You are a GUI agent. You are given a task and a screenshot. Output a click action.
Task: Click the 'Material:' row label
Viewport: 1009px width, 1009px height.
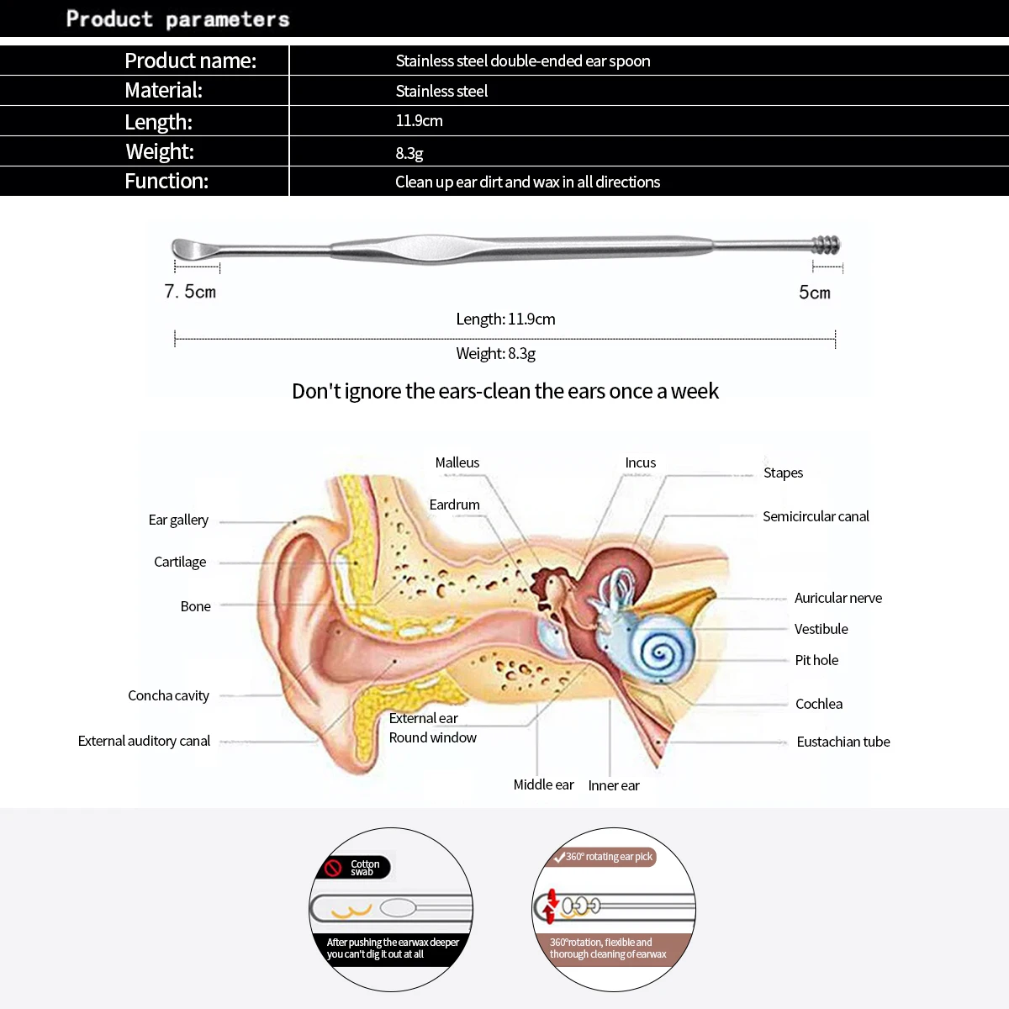coord(163,91)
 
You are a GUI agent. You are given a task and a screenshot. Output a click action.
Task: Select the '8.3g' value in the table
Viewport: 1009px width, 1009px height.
coord(409,153)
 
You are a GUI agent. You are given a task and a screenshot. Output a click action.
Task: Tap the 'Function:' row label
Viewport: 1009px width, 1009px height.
coord(166,182)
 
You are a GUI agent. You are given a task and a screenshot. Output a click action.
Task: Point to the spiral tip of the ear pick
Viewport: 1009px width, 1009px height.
coord(826,246)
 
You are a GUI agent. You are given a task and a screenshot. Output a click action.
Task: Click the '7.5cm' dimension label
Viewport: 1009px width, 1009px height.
coord(190,292)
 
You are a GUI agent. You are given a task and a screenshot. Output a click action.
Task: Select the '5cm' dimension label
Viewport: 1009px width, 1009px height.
coord(814,293)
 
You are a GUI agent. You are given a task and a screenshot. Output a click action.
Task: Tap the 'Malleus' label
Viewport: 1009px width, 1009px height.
coord(457,462)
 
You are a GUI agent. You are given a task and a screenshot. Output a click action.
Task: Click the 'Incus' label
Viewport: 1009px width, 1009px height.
coord(640,462)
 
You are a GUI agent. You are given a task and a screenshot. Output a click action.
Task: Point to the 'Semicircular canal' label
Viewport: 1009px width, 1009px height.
coord(816,516)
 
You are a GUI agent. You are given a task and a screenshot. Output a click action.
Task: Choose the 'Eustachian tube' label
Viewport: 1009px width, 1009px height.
coord(843,742)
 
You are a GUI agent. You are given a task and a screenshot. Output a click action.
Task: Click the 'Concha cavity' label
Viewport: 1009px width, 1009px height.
coord(168,695)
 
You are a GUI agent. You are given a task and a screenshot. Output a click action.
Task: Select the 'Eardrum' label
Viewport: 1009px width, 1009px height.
coord(454,504)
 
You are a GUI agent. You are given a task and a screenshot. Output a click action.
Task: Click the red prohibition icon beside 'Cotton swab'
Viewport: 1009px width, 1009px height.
coord(334,867)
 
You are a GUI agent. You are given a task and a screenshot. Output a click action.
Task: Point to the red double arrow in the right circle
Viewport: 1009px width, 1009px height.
coord(551,907)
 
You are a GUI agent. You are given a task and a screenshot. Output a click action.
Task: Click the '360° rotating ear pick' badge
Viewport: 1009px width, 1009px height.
coord(604,857)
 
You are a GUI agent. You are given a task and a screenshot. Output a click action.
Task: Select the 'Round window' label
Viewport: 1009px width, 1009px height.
coord(432,737)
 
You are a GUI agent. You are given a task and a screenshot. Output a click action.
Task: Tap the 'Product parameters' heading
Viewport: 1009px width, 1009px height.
coord(177,18)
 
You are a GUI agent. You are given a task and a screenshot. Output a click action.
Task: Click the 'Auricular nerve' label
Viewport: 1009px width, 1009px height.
coord(837,598)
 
